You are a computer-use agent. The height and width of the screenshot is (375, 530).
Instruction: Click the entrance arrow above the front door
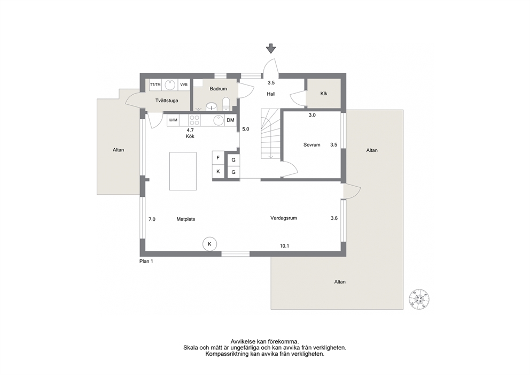click(x=271, y=48)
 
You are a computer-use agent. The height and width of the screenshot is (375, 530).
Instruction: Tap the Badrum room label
click(x=218, y=89)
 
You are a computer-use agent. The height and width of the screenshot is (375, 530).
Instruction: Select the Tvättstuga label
click(x=167, y=101)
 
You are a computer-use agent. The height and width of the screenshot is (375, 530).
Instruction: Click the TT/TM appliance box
click(x=155, y=85)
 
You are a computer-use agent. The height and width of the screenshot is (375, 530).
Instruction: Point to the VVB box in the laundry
click(x=184, y=85)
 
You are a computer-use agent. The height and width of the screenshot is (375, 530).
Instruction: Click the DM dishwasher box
click(x=230, y=120)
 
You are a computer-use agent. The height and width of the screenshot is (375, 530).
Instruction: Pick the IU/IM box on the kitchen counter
click(x=173, y=120)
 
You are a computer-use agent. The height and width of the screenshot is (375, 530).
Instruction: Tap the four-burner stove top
click(x=194, y=120)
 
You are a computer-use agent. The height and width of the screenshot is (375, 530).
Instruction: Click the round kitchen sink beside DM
click(x=218, y=120)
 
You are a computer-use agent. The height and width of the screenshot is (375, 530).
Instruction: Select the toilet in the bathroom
click(x=226, y=104)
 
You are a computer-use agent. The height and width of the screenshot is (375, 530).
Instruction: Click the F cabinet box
click(x=218, y=158)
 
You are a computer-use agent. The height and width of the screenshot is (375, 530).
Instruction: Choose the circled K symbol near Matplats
click(x=209, y=244)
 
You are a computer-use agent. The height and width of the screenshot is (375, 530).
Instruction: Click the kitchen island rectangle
click(x=183, y=171)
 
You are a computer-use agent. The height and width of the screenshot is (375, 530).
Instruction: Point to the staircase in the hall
click(x=271, y=134)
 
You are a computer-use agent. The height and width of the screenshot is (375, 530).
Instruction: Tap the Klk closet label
click(x=324, y=94)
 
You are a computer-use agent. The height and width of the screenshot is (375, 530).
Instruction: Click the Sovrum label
click(x=311, y=145)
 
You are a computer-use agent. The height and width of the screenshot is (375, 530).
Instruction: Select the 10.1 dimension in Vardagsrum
click(x=284, y=246)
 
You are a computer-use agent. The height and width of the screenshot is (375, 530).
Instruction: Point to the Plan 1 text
click(x=146, y=261)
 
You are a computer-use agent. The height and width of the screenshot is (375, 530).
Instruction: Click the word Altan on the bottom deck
click(x=340, y=282)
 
